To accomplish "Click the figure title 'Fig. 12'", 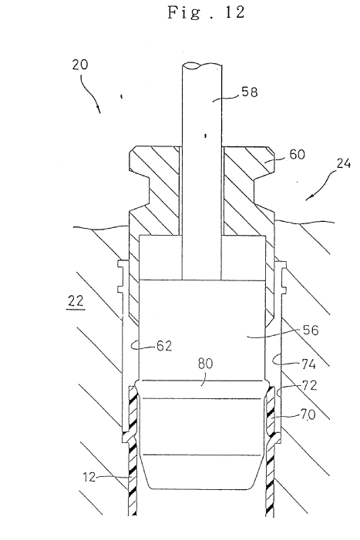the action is (x=206, y=12).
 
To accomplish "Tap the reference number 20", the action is (x=80, y=65).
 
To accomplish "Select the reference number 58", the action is (x=250, y=92).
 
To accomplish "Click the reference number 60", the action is (x=297, y=154).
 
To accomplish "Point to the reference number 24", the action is (x=343, y=163).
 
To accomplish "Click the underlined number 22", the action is (x=76, y=303).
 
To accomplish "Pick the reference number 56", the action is (x=311, y=330).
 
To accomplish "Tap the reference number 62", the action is (x=164, y=345).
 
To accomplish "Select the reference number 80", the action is (x=205, y=364).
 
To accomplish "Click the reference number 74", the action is (x=308, y=364).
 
